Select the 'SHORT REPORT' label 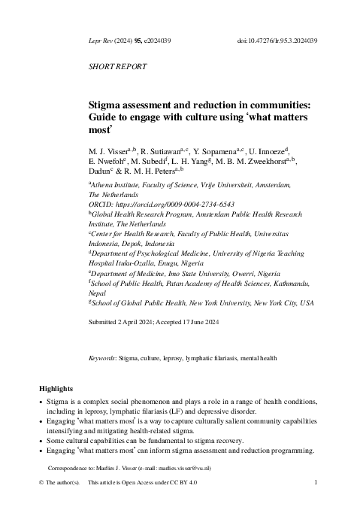point(118,66)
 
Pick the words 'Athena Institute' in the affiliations point(119,185)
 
